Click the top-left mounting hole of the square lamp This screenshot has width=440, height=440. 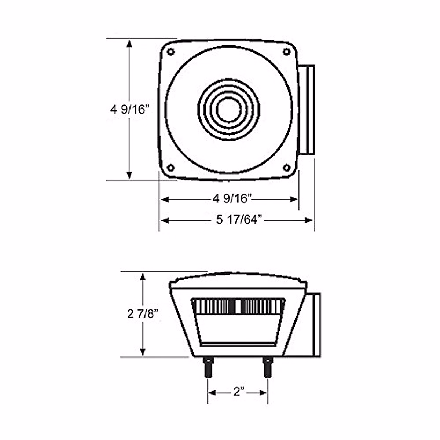(x=170, y=52)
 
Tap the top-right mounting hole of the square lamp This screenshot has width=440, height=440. (x=286, y=52)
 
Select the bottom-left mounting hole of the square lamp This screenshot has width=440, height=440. (x=170, y=168)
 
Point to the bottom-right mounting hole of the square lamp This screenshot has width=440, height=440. (x=286, y=168)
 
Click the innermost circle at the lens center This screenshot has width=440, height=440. (x=228, y=110)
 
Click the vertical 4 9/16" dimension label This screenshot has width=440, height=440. (x=129, y=110)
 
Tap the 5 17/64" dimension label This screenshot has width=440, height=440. (x=239, y=220)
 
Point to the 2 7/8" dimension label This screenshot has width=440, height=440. (x=143, y=314)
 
